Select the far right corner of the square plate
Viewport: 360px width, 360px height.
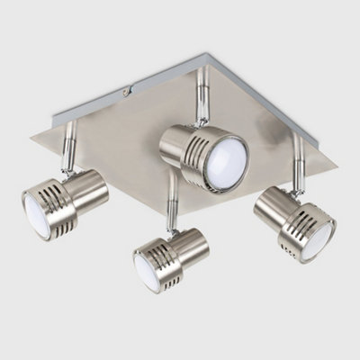click(337, 164)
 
